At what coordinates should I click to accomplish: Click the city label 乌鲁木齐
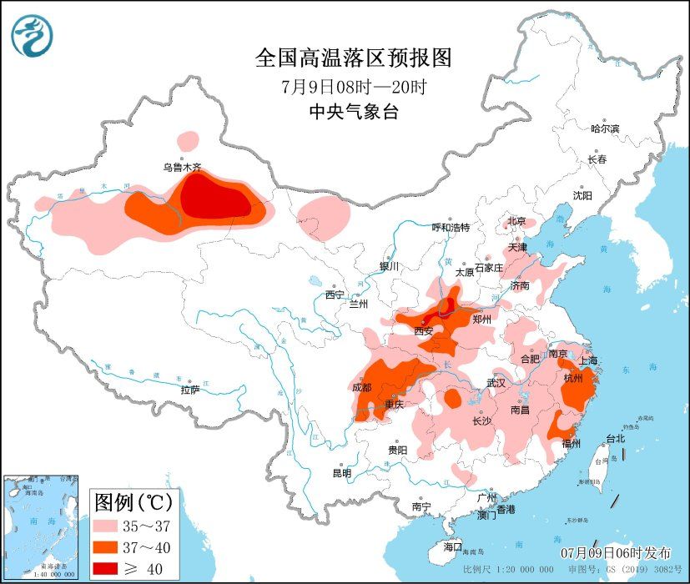tap(182, 168)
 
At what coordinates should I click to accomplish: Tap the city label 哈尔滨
tap(605, 128)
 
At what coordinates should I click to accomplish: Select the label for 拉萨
tap(189, 390)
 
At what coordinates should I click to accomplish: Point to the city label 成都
tap(362, 386)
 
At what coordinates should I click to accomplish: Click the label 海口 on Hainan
tap(452, 546)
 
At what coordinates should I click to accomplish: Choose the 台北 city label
tap(616, 439)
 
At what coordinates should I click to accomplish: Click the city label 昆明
tap(342, 473)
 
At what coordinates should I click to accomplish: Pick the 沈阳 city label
tap(582, 195)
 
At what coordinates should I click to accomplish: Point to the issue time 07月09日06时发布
tap(616, 553)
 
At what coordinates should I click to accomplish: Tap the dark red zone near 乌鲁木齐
tap(213, 199)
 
